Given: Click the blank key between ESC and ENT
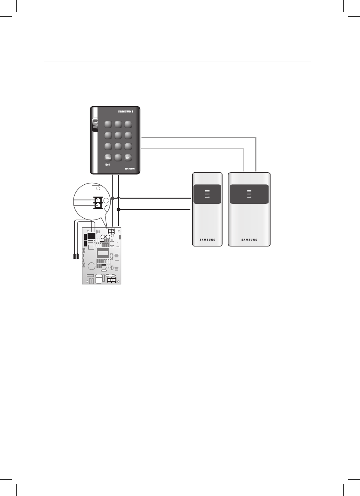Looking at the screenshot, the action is click(118, 157).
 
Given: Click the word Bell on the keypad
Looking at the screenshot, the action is click(107, 165).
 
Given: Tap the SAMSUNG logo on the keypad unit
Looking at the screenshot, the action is click(126, 111).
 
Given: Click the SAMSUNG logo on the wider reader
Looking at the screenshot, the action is click(249, 240).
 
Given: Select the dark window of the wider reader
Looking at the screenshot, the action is click(249, 194).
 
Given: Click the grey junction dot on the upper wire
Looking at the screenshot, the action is click(113, 198).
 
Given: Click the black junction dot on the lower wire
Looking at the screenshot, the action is click(118, 210).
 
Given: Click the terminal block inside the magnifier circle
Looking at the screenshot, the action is click(97, 202).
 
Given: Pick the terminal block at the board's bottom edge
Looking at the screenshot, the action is click(111, 280).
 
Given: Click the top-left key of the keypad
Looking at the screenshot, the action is click(108, 124).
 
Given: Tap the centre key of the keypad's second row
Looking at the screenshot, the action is click(118, 136).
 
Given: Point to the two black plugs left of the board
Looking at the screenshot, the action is click(76, 257).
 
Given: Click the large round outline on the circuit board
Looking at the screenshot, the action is click(91, 267).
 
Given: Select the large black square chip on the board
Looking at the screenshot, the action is click(91, 236).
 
